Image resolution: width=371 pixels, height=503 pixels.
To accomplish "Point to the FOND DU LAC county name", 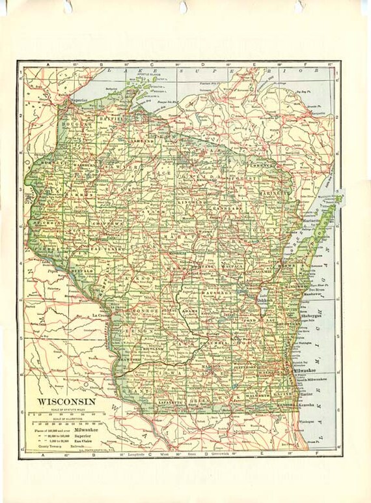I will pyautogui.click(x=259, y=321).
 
